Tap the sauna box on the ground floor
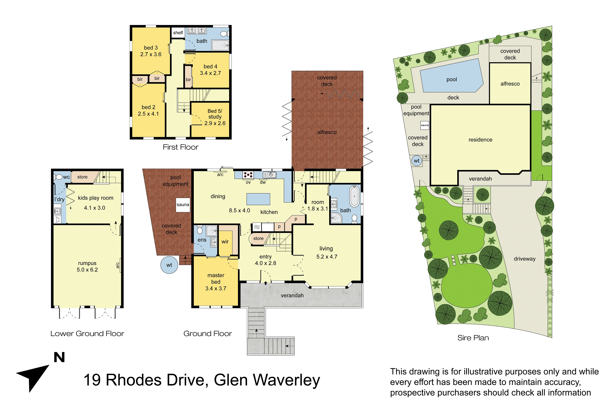[x=183, y=205]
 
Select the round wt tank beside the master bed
[x=169, y=265]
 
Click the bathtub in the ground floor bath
[x=354, y=196]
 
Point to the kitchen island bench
[x=258, y=199]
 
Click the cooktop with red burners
[x=248, y=175]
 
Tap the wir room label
[x=225, y=242]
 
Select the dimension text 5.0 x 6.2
[x=87, y=270]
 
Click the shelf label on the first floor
[x=178, y=33]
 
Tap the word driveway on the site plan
[x=525, y=259]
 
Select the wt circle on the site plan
[x=417, y=161]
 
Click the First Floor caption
[x=180, y=147]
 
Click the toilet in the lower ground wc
[x=59, y=177]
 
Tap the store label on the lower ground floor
[x=82, y=177]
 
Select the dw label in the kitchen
[x=263, y=182]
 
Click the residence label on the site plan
[x=480, y=140]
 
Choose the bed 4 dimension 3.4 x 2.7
[x=210, y=73]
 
